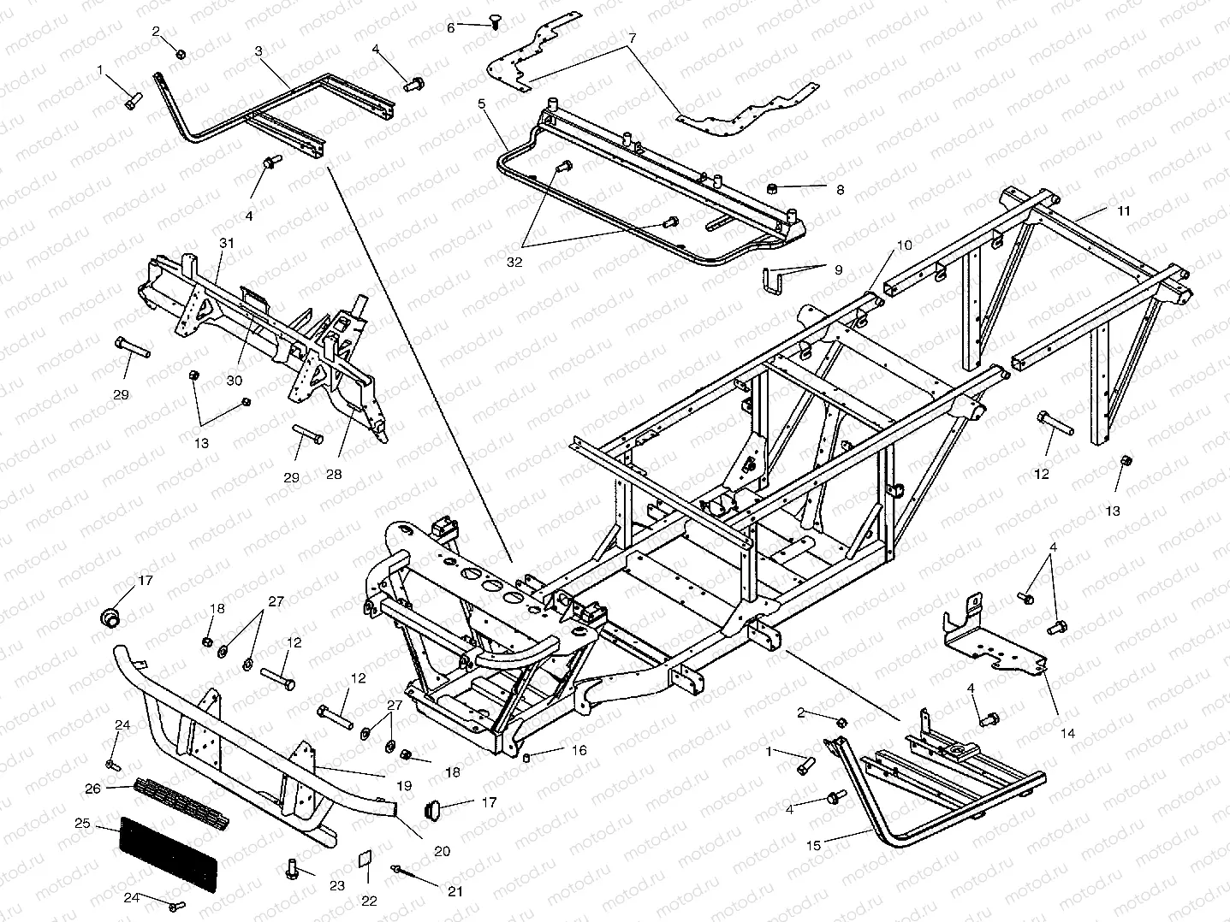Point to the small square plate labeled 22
coord(365,860)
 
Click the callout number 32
coord(514,263)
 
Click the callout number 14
coord(1067,733)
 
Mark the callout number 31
coord(226,243)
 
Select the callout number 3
coord(258,51)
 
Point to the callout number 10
coord(905,245)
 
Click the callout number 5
coord(482,103)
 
